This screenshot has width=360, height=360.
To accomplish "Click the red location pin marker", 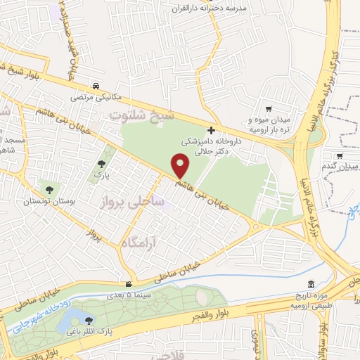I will click(x=181, y=165).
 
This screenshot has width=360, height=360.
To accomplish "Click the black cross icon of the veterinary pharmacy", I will click(x=212, y=130).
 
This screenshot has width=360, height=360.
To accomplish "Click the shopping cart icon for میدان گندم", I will click(x=340, y=156).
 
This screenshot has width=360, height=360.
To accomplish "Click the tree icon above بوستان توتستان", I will click(x=49, y=188).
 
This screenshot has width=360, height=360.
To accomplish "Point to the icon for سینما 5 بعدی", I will click(x=127, y=285).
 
